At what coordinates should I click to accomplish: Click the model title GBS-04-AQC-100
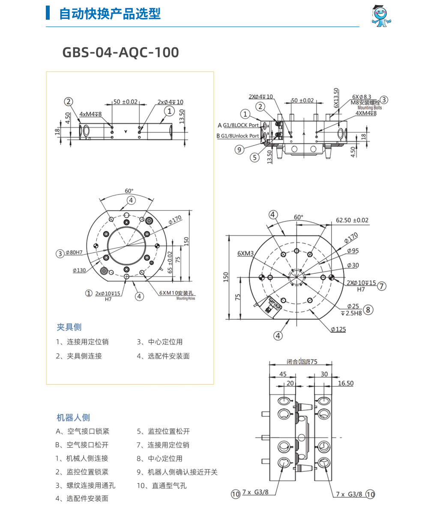point(120,52)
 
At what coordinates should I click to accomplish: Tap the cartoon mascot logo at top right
point(381,16)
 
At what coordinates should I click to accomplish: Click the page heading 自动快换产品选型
point(110,14)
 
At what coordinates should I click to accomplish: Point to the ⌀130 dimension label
point(79,270)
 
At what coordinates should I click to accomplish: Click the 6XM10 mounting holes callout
point(177,293)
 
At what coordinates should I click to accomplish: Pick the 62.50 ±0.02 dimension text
point(352,220)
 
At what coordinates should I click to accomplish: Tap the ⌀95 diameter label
point(353,251)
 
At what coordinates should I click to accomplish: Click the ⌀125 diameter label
point(338,329)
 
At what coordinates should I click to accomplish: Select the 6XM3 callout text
point(245,253)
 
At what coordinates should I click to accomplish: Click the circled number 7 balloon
point(382,286)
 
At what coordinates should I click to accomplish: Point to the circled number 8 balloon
point(368,309)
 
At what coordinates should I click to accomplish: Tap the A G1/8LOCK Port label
point(238,125)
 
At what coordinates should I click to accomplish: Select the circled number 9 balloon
point(239,149)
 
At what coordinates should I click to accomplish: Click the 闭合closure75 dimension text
point(302,362)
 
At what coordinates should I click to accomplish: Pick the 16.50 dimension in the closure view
point(345,383)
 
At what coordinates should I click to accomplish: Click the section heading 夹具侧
point(69,327)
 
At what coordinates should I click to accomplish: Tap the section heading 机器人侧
point(73,418)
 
